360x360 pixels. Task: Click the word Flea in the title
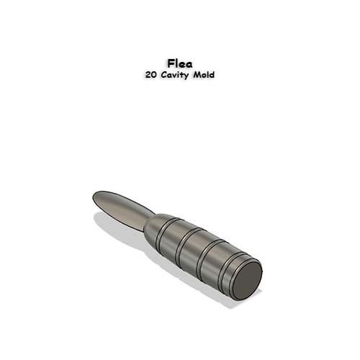179,63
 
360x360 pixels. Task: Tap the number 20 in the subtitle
150,74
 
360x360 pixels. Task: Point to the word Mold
204,74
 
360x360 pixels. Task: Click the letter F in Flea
171,63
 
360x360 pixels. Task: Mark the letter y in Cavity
188,76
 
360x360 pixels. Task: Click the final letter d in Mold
212,74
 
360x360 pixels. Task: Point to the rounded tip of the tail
96,196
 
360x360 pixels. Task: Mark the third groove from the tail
207,255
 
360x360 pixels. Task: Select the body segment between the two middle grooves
196,249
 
